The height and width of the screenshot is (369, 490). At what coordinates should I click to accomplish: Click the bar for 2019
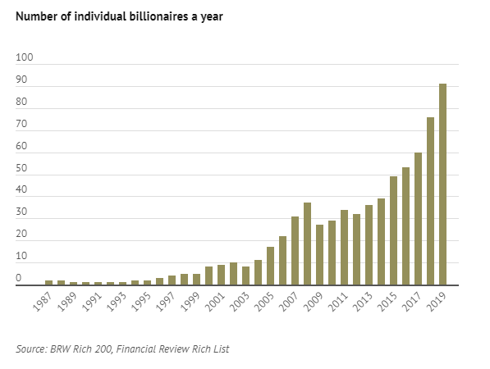pyautogui.click(x=443, y=184)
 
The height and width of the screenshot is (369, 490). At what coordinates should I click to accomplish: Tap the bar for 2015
pyautogui.click(x=394, y=231)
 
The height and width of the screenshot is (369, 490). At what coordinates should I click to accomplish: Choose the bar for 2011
pyautogui.click(x=345, y=248)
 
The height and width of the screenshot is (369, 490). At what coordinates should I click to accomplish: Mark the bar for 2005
pyautogui.click(x=271, y=266)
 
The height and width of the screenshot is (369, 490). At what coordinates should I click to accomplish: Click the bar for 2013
pyautogui.click(x=369, y=245)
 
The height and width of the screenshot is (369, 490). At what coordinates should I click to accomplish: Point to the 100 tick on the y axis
pyautogui.click(x=25, y=58)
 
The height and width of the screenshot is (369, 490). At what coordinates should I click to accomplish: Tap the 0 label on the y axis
pyautogui.click(x=20, y=280)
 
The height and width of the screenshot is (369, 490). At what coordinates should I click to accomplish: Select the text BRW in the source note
pyautogui.click(x=61, y=349)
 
